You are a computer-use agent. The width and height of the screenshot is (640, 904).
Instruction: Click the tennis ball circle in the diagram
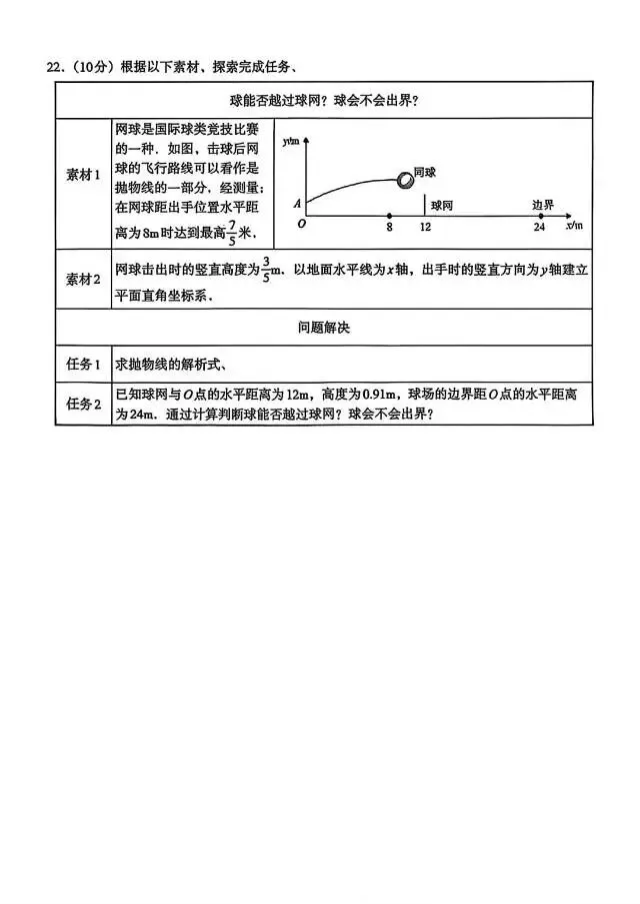(x=405, y=181)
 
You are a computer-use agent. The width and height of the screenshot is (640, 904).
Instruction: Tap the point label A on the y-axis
(x=297, y=204)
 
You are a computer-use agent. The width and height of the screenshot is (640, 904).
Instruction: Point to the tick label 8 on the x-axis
(x=390, y=228)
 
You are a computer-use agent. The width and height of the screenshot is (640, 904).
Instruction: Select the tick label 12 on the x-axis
(x=425, y=228)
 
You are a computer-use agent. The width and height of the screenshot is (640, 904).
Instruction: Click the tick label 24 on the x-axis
(x=540, y=228)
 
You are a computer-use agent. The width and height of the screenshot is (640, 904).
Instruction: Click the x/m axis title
(x=574, y=228)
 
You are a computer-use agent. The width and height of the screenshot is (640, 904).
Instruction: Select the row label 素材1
(x=84, y=174)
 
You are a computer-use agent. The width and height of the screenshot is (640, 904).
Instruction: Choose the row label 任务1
(x=84, y=364)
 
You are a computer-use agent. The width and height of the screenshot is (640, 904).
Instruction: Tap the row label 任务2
(x=84, y=404)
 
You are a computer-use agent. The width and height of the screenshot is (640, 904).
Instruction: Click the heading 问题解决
(x=323, y=327)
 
